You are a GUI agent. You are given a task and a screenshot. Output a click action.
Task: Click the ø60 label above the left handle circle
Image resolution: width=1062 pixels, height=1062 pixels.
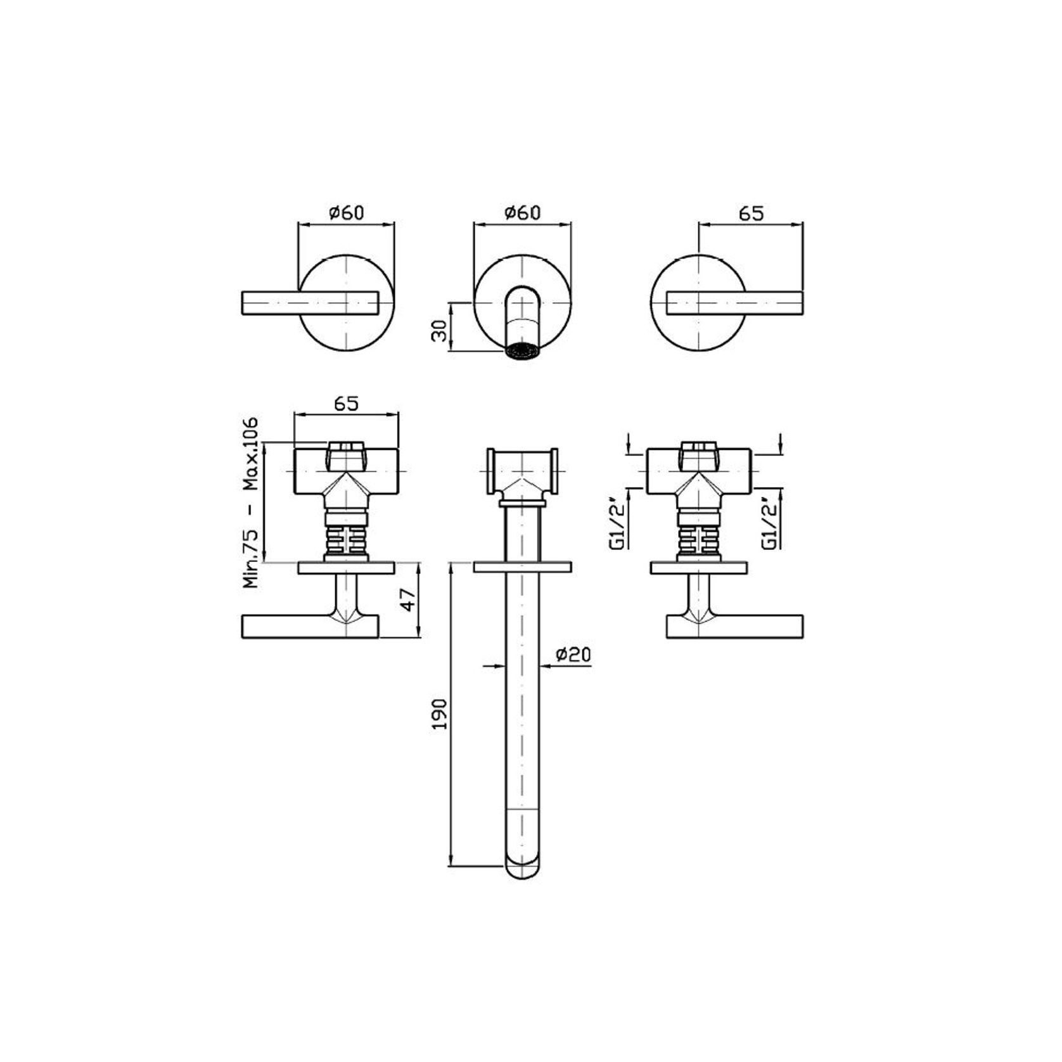click(x=347, y=212)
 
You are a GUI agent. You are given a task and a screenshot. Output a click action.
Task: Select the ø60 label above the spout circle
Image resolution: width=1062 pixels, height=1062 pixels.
click(x=522, y=212)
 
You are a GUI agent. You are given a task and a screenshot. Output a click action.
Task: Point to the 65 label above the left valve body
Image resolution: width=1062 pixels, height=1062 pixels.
click(x=346, y=404)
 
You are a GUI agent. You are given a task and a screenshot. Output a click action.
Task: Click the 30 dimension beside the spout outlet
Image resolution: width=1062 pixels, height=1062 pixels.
click(x=439, y=330)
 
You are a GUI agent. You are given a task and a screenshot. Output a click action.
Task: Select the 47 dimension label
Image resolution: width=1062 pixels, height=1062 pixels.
click(x=409, y=599)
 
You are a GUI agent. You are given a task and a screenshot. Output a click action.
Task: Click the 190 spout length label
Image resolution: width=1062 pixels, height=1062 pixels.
click(x=439, y=714)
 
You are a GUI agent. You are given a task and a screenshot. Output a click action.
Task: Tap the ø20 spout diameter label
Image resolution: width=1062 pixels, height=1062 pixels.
click(x=573, y=655)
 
